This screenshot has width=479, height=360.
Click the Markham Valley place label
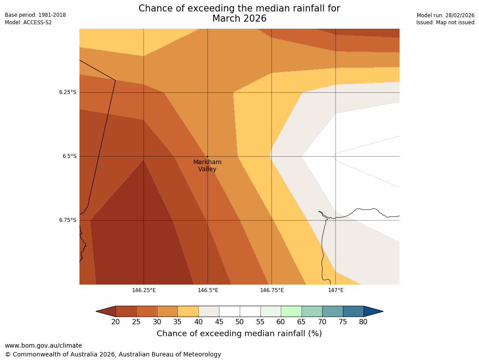[207, 165]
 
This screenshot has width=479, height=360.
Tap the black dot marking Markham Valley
[207, 157]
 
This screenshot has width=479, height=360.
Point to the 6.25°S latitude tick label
[68, 92]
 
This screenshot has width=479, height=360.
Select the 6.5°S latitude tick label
[69, 156]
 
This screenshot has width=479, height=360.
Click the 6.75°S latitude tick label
[68, 220]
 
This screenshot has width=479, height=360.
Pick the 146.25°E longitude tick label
[143, 290]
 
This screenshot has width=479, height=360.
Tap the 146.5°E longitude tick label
[208, 290]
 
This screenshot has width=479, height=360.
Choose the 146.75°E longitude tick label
[272, 290]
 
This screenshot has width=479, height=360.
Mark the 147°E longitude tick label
[336, 290]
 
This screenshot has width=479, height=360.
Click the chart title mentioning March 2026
[239, 14]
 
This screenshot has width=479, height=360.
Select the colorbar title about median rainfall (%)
[239, 334]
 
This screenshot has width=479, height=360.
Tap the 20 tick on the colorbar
[116, 322]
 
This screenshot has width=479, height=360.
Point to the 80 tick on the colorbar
[363, 322]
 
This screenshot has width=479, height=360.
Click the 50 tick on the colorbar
[240, 322]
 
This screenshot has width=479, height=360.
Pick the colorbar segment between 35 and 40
[188, 311]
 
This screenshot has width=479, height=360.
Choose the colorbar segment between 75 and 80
[353, 311]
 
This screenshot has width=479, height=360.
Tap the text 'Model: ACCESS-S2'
[28, 22]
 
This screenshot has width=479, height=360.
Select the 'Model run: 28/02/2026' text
[445, 15]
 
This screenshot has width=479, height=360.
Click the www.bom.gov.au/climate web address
[43, 345]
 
